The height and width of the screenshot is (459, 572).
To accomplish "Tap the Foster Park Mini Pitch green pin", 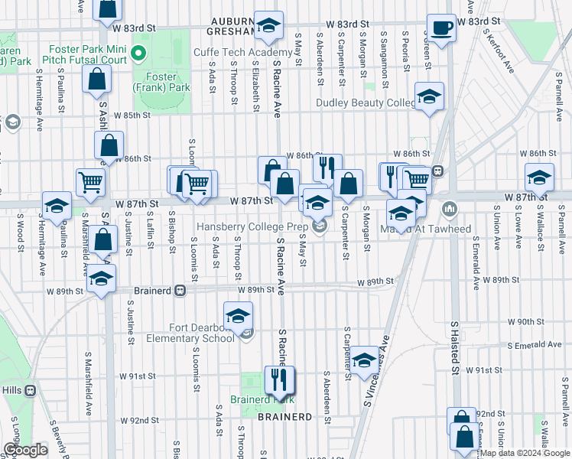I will pos(138,54).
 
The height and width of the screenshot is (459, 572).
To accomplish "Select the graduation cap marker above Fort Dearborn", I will pos(238,314).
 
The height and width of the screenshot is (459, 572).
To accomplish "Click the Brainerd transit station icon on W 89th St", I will pos(180,291).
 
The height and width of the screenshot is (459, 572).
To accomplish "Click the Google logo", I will pos(25,450).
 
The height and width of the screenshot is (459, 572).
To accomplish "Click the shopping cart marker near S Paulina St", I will pos(90,182).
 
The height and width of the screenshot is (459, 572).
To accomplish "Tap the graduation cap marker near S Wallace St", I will pos(539,177).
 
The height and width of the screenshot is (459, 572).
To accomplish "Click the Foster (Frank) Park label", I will pos(163,83).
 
